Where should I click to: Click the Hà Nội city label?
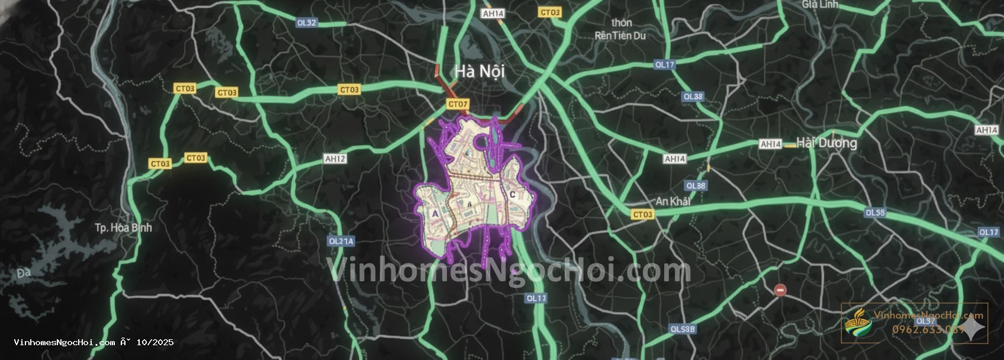pyautogui.click(x=480, y=72)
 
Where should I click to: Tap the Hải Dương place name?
pyautogui.click(x=826, y=143)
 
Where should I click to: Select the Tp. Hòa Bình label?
pyautogui.click(x=123, y=227)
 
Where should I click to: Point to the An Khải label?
pyautogui.click(x=673, y=201)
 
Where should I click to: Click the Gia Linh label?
pyautogui.click(x=820, y=4)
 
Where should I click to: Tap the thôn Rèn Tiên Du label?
pyautogui.click(x=620, y=30)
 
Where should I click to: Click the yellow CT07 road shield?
pyautogui.click(x=458, y=104)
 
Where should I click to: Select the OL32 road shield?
pyautogui.click(x=307, y=22)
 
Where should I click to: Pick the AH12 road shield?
pyautogui.click(x=335, y=159)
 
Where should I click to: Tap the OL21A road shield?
pyautogui.click(x=341, y=241)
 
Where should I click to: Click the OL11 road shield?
pyautogui.click(x=536, y=298)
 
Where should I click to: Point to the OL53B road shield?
pyautogui.click(x=683, y=329)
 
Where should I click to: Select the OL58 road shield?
pyautogui.click(x=875, y=213)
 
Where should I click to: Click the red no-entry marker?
pyautogui.click(x=780, y=290)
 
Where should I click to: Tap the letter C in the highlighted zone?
pyautogui.click(x=513, y=194)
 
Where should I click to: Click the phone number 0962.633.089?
pyautogui.click(x=928, y=329)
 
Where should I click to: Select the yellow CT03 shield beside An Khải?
pyautogui.click(x=642, y=214)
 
